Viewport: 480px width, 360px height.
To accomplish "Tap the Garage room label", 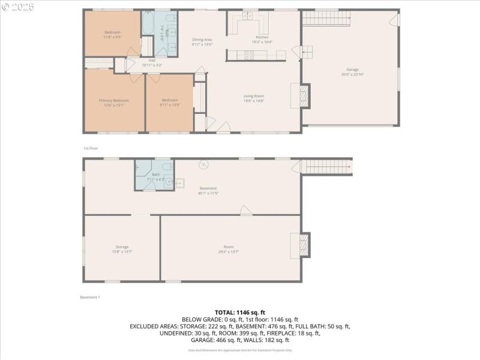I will pyautogui.click(x=352, y=70).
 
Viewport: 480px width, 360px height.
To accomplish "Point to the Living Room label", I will pyautogui.click(x=253, y=96).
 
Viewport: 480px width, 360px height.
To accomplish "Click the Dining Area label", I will pyautogui.click(x=202, y=40).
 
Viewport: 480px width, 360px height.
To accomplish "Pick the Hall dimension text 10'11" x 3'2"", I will pyautogui.click(x=152, y=65).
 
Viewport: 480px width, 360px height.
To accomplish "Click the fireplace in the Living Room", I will pyautogui.click(x=305, y=95).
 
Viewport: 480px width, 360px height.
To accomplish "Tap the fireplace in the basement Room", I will pyautogui.click(x=305, y=245).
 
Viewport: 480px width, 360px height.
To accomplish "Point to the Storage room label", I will pyautogui.click(x=122, y=247).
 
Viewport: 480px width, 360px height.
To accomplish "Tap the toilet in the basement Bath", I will pyautogui.click(x=137, y=167).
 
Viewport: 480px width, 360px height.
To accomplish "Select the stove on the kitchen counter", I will pyautogui.click(x=248, y=56).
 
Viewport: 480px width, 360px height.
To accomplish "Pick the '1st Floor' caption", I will pyautogui.click(x=91, y=148).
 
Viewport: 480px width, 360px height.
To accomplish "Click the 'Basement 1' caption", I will pyautogui.click(x=90, y=297).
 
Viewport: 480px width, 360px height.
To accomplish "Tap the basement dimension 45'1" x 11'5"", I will pyautogui.click(x=208, y=193).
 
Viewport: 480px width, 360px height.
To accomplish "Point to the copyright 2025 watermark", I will pyautogui.click(x=18, y=7).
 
